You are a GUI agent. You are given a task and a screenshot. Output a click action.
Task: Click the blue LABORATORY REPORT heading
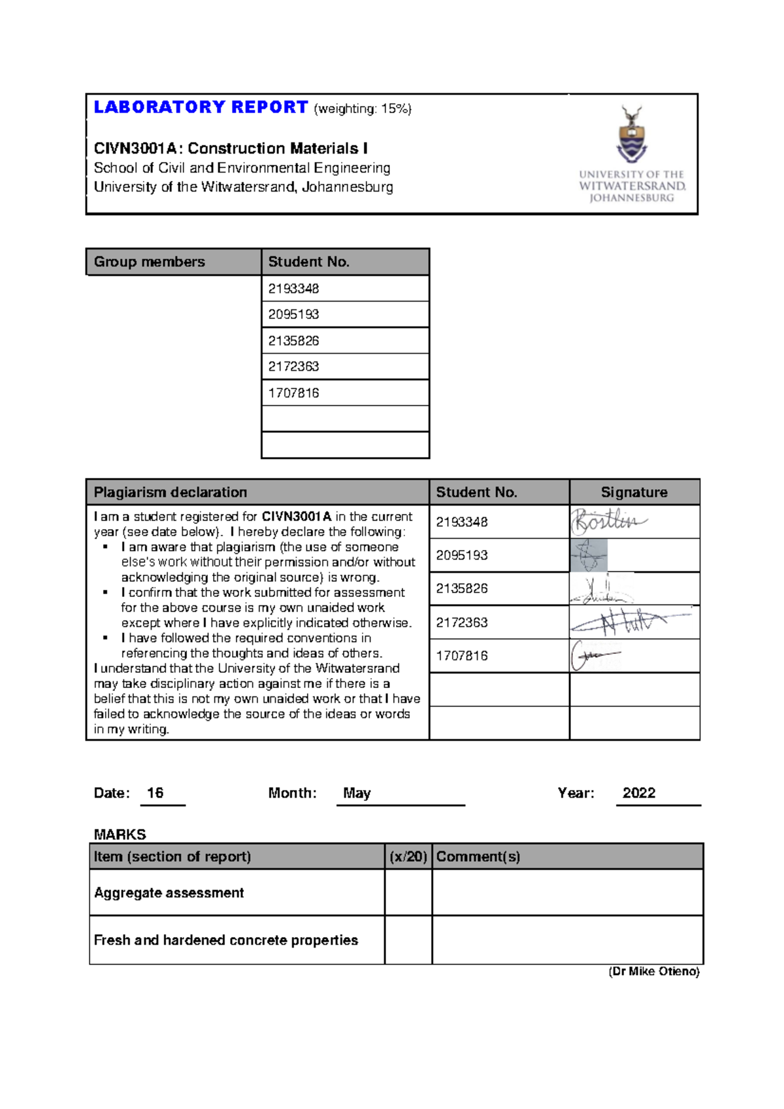(x=201, y=107)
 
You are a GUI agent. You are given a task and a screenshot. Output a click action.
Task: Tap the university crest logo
(x=632, y=135)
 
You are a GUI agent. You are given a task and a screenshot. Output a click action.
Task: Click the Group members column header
(x=150, y=262)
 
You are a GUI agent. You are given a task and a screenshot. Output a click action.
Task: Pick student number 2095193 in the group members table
(x=293, y=315)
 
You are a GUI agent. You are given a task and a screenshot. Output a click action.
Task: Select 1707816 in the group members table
(x=293, y=393)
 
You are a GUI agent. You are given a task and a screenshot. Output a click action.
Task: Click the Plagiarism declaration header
(x=171, y=492)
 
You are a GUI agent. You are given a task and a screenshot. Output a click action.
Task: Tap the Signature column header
(x=634, y=492)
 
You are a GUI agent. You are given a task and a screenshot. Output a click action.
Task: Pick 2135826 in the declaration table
(x=462, y=589)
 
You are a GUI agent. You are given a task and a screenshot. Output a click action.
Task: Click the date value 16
(x=155, y=793)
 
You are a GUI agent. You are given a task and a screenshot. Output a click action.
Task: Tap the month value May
(x=357, y=793)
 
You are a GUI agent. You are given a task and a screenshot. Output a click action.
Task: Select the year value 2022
(x=638, y=793)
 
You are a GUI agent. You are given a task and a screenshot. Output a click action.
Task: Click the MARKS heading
(x=120, y=834)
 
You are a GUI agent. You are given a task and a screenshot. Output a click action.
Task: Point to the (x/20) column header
(x=408, y=857)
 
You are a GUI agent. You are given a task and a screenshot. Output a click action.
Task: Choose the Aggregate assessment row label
(x=169, y=893)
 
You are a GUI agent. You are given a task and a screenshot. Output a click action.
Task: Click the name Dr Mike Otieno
(x=654, y=972)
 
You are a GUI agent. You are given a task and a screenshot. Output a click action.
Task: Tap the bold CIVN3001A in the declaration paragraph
(x=297, y=517)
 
